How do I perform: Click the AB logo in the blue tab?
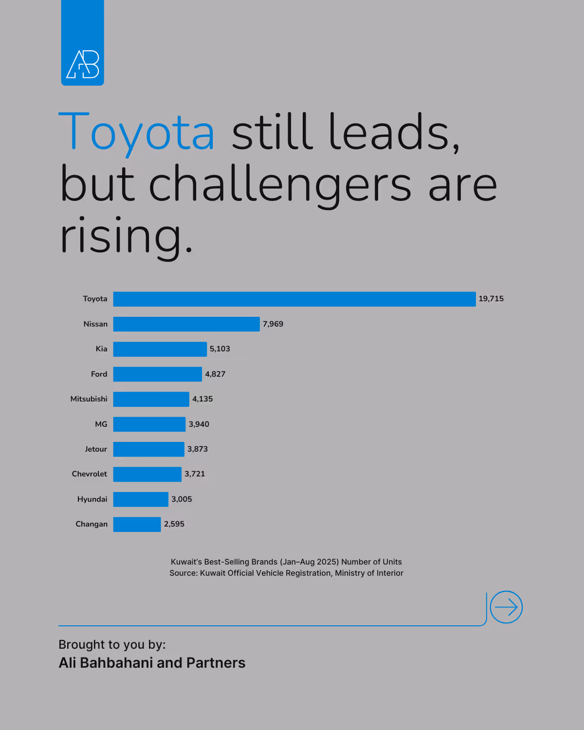[x=83, y=64]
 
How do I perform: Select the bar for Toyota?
[x=294, y=299]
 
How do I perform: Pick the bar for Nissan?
[x=186, y=324]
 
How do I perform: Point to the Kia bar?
[x=160, y=349]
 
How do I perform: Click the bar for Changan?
[x=137, y=524]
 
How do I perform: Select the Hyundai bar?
[x=141, y=499]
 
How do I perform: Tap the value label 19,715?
[x=491, y=299]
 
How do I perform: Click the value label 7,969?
[x=273, y=324]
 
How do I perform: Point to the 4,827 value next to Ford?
[x=215, y=374]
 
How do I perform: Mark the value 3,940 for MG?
[x=199, y=424]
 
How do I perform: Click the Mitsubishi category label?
[x=89, y=399]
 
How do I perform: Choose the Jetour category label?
[x=96, y=449]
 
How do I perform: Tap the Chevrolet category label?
[x=90, y=474]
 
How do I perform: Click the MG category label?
[x=101, y=424]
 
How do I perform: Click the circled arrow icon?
[x=506, y=607]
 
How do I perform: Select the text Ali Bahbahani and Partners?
[x=152, y=663]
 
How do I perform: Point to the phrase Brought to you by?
[x=112, y=645]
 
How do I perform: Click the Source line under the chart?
[x=286, y=573]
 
